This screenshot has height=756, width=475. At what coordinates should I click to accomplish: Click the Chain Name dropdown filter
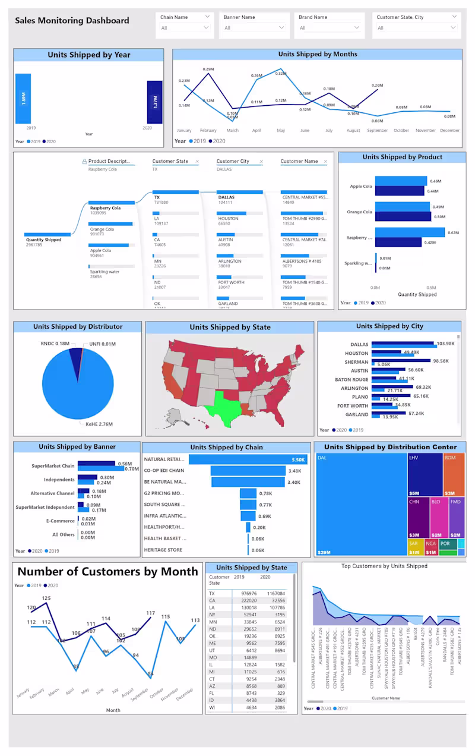[185, 27]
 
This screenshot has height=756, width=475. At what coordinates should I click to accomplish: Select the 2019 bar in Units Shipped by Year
[23, 98]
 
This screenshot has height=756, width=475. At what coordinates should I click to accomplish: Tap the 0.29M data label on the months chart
[208, 70]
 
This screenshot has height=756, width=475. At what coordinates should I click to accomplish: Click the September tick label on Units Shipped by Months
[377, 131]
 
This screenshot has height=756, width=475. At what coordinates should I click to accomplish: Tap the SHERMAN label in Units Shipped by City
[356, 362]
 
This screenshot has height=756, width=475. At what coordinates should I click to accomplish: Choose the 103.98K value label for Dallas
[445, 344]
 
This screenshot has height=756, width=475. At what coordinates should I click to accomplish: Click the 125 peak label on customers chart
[46, 598]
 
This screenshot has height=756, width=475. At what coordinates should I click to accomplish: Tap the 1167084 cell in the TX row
[276, 593]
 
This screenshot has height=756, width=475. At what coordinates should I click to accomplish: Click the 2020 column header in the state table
[265, 577]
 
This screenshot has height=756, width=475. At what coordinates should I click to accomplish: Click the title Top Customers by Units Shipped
[384, 566]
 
